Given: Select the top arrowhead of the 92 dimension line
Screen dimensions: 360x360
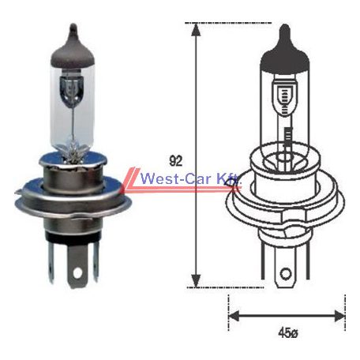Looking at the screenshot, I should point(194,29).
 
